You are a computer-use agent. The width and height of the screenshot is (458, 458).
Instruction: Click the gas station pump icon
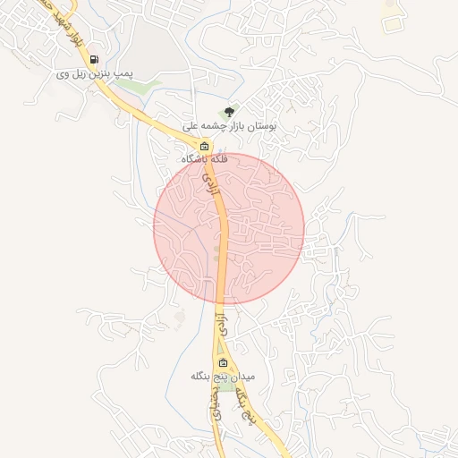(94, 61)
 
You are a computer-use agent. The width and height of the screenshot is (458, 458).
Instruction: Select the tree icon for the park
(230, 112)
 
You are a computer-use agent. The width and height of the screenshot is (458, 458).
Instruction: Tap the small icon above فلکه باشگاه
(204, 146)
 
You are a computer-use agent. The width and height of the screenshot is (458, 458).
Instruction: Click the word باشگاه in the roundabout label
(195, 159)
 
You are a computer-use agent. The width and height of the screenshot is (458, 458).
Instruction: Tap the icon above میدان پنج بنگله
(223, 362)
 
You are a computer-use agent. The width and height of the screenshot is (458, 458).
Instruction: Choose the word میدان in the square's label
(242, 377)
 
